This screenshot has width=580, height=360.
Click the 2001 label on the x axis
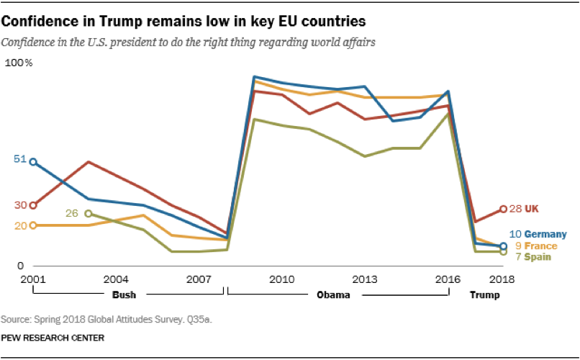click(32, 279)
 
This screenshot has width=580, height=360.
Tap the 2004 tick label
click(116, 279)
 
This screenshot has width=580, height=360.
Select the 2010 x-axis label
click(282, 279)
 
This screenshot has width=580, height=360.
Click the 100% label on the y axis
click(19, 63)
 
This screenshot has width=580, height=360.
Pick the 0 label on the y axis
click(20, 266)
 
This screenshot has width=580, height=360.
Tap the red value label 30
click(20, 205)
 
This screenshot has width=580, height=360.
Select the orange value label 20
click(20, 225)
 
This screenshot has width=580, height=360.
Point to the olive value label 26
click(72, 213)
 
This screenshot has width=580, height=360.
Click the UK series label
click(532, 209)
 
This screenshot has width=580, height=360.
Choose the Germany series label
click(545, 234)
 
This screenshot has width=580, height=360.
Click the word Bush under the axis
click(124, 295)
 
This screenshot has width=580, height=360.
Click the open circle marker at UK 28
click(503, 210)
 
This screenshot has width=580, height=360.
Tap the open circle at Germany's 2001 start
click(32, 162)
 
